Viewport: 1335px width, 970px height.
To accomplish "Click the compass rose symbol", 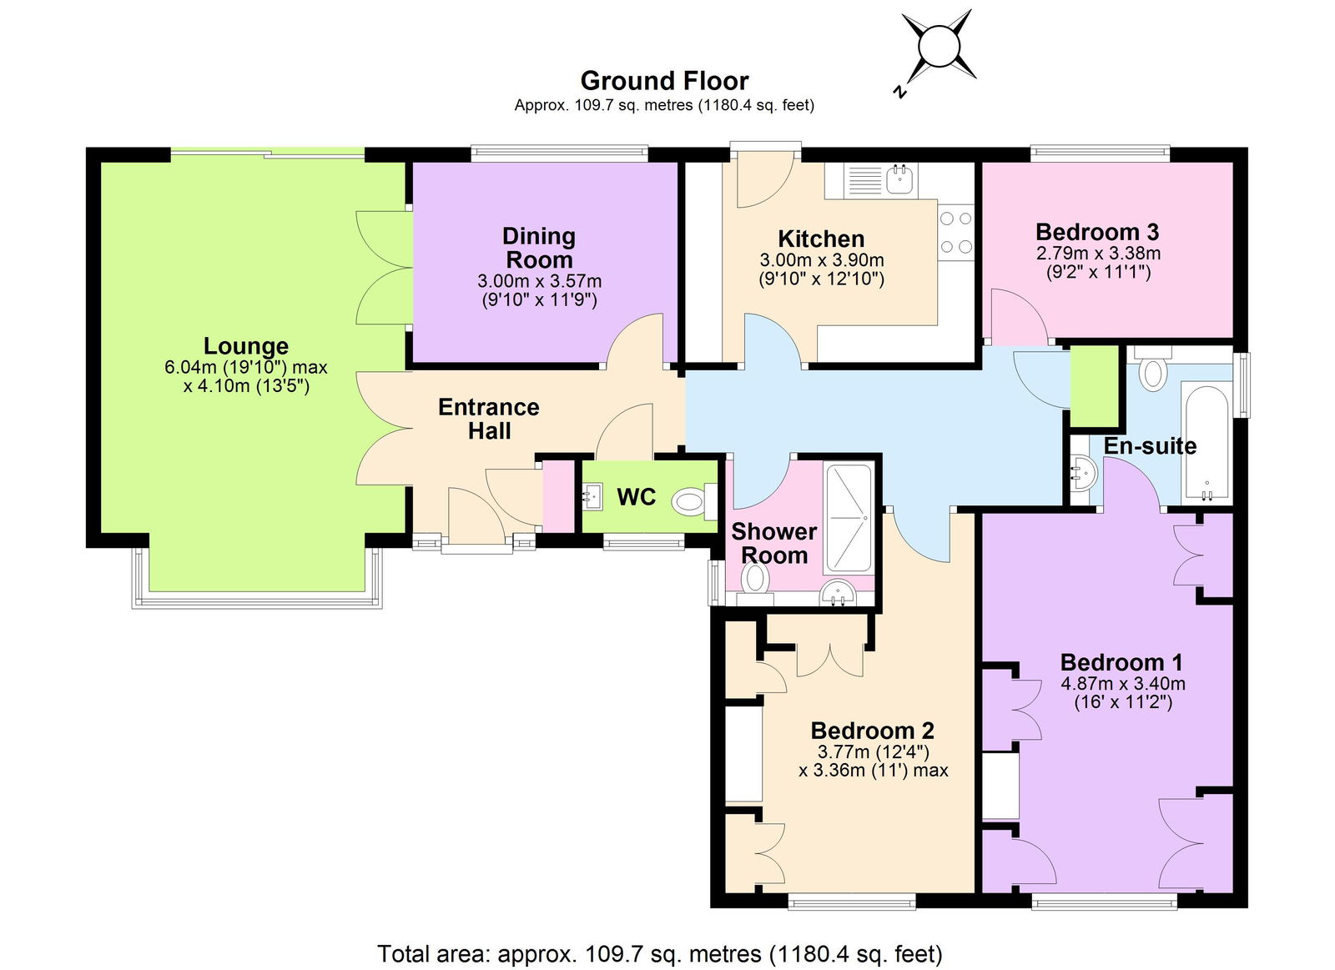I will [938, 46].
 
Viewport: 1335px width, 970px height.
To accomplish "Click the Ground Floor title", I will [664, 81].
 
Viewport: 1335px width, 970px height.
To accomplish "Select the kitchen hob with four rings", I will [955, 233].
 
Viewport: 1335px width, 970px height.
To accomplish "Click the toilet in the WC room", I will [692, 501].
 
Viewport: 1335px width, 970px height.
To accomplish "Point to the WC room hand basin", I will [592, 497].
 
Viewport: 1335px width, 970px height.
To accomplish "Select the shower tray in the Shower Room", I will [849, 518].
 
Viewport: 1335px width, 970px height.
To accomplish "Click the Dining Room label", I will [539, 248].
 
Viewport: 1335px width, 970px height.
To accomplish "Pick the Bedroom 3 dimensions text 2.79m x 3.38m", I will [1098, 253].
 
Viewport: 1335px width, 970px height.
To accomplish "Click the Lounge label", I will [246, 345].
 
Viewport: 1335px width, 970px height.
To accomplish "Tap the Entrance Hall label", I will [489, 419].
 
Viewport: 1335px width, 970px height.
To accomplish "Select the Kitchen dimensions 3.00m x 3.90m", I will [821, 260].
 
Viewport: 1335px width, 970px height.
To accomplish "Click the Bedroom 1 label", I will [1121, 662].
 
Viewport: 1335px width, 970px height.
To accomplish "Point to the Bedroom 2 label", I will [872, 731].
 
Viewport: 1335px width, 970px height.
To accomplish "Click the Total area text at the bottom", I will [659, 953].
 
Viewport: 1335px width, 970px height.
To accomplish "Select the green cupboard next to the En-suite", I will [1094, 386].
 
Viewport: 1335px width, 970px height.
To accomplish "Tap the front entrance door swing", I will [476, 517].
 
